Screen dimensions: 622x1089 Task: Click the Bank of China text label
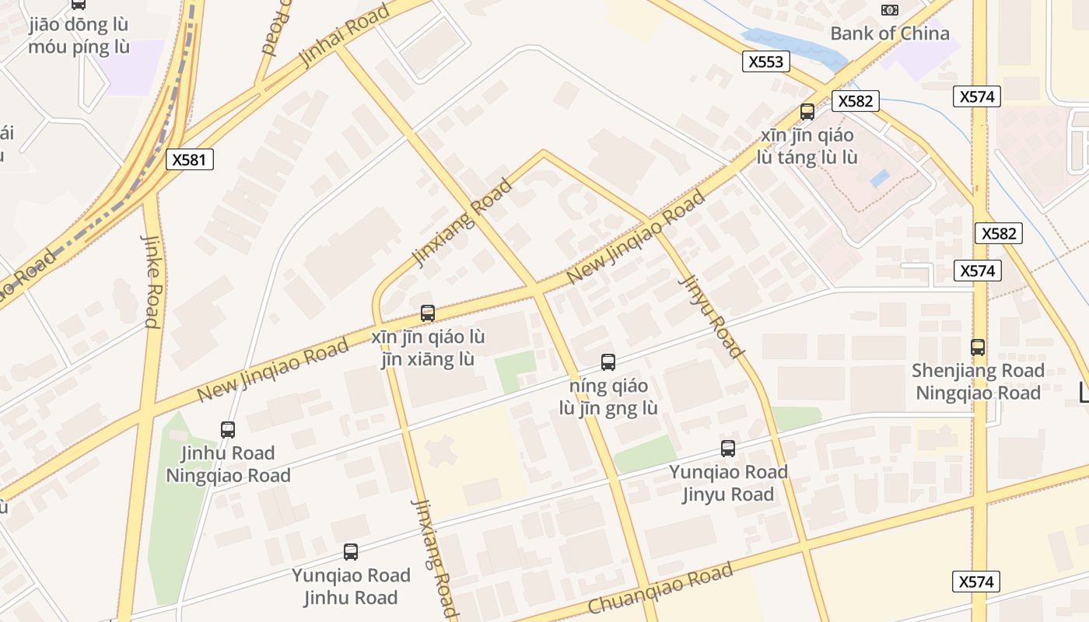tap(890, 33)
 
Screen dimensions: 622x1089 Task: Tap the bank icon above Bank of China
tap(889, 9)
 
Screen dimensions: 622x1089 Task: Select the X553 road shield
tap(765, 62)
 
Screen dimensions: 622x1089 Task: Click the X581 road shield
tap(189, 160)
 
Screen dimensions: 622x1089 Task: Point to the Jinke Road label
tap(151, 280)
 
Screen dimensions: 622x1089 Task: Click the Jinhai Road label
tap(344, 36)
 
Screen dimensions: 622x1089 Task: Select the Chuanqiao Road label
tap(660, 589)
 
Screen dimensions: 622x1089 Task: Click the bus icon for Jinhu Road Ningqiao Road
tap(228, 430)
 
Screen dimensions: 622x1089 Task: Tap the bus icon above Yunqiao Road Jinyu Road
tap(727, 449)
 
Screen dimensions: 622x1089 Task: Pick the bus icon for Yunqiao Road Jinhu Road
tap(351, 552)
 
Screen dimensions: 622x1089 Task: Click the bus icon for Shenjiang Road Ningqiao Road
tap(978, 348)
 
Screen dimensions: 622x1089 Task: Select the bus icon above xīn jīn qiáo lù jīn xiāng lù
tap(427, 313)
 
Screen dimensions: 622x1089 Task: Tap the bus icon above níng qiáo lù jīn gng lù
tap(608, 362)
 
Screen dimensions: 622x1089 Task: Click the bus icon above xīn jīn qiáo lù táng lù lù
tap(807, 112)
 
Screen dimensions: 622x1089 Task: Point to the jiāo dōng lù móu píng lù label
tap(79, 36)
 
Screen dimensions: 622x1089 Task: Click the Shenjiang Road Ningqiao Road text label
tap(978, 382)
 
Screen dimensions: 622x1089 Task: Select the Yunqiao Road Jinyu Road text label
tap(728, 483)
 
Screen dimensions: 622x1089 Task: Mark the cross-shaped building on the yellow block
tap(441, 451)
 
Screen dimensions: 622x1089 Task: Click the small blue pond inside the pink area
tap(879, 178)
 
